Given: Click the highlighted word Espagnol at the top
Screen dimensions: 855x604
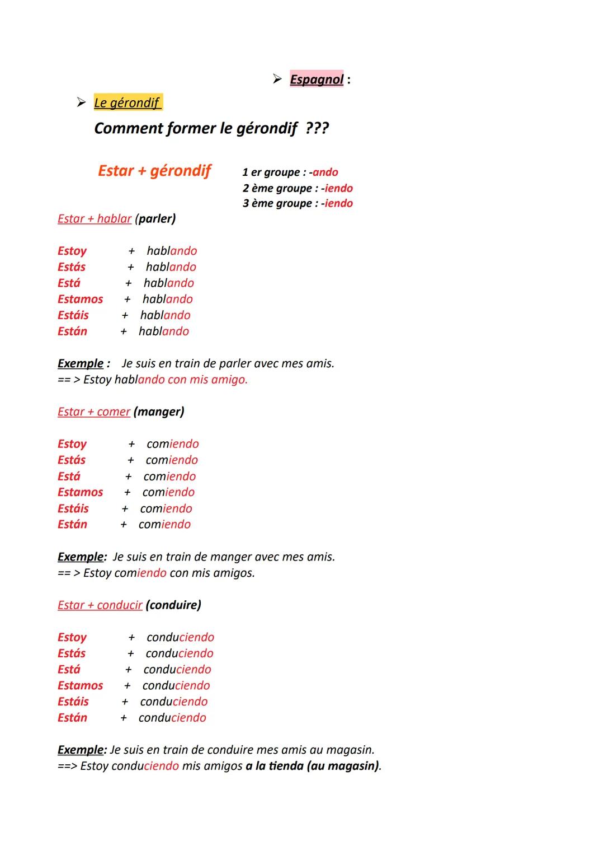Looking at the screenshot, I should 317,80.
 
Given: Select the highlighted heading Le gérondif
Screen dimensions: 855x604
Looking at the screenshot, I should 128,103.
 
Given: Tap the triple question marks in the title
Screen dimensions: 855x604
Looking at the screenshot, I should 317,129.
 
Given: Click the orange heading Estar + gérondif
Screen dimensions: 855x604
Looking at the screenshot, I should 154,171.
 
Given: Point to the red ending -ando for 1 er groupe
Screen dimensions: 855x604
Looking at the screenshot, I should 325,172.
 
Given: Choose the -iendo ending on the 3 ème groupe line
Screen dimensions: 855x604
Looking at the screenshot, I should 338,203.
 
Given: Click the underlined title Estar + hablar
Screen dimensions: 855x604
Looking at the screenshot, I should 95,219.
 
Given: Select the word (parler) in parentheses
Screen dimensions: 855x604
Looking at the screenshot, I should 155,219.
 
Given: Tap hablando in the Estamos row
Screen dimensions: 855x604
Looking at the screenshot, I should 167,300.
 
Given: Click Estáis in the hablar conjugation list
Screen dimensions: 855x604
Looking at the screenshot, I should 73,315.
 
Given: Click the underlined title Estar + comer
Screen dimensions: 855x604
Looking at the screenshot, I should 94,412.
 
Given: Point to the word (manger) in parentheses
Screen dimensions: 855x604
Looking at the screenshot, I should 159,412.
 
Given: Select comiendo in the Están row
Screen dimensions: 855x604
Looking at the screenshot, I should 164,525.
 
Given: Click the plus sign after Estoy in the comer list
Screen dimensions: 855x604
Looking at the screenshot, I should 131,445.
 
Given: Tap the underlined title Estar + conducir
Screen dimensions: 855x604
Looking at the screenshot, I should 100,605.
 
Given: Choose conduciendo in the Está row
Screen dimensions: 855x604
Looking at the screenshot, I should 177,670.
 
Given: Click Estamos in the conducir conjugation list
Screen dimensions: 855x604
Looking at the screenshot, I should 81,686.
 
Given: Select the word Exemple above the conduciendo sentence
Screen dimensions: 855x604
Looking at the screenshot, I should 81,750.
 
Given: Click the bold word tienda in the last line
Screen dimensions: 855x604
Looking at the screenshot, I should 285,766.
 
